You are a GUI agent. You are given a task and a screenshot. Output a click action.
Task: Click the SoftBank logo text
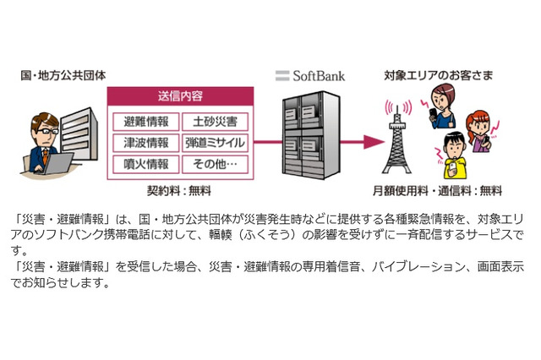click(311, 76)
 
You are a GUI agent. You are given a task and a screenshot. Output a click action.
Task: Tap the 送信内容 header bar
click(181, 95)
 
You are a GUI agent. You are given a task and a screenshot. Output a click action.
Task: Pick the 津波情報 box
click(145, 142)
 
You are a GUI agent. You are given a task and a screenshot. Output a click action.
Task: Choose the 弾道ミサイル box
click(215, 142)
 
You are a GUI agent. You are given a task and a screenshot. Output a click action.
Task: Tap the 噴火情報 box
click(145, 163)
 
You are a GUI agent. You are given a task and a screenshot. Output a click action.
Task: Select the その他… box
click(215, 163)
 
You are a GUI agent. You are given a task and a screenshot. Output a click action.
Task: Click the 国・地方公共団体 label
click(57, 76)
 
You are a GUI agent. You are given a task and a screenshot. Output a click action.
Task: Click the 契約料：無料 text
click(181, 190)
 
